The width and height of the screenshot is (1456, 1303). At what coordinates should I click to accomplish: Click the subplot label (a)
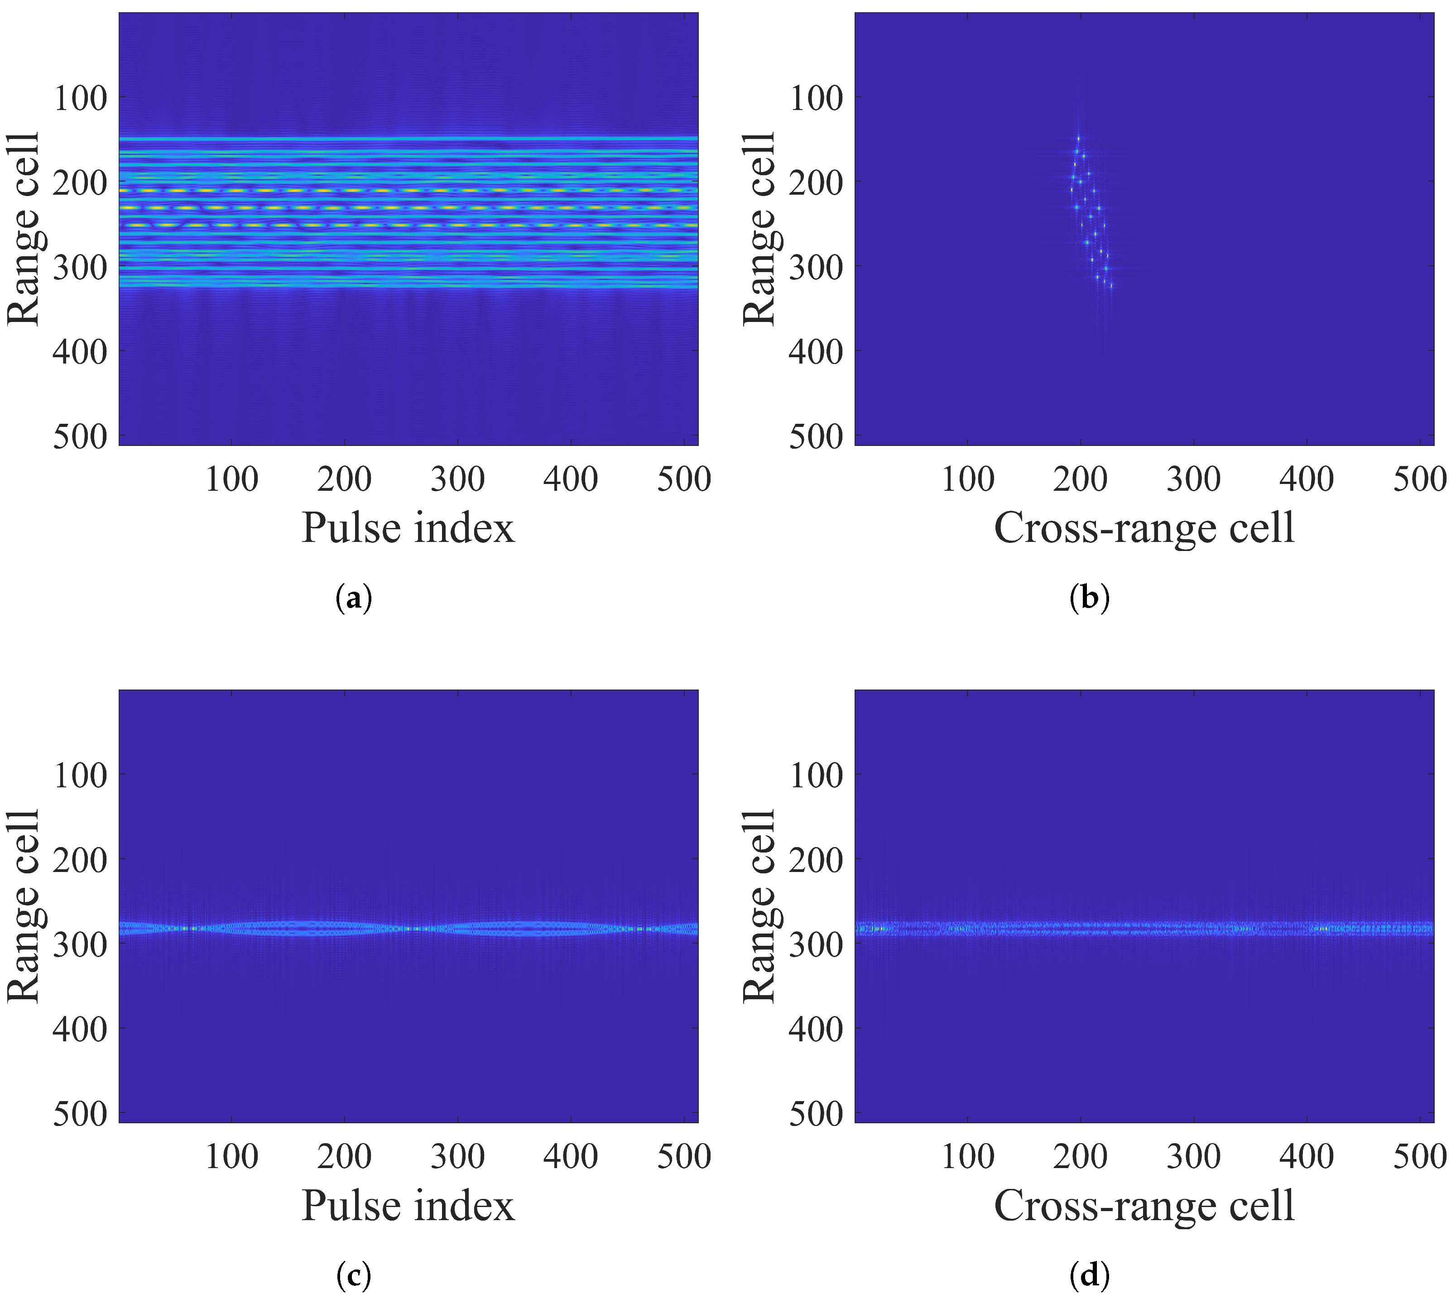tap(354, 598)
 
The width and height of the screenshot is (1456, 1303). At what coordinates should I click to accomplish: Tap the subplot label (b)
tap(1089, 598)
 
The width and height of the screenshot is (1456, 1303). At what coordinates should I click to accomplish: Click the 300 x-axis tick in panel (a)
tap(458, 479)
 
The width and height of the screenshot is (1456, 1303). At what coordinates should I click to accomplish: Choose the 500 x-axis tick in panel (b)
tap(1419, 479)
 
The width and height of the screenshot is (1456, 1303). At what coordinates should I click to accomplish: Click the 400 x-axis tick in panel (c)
tap(571, 1156)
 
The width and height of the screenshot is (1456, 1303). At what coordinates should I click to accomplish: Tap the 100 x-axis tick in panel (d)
tap(967, 1156)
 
